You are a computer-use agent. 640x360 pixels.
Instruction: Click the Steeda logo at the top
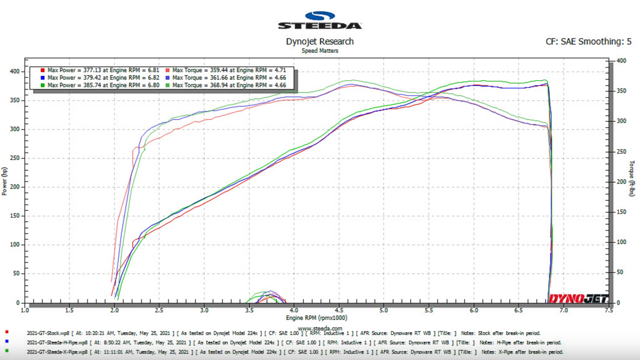(x=319, y=21)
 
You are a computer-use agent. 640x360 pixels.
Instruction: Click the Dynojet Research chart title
(x=319, y=41)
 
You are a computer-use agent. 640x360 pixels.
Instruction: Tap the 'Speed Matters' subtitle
(x=319, y=51)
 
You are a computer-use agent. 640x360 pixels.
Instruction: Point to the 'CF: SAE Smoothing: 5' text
(x=588, y=41)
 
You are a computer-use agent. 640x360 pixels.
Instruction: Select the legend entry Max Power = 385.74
(x=103, y=85)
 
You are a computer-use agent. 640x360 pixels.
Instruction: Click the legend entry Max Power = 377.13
(x=103, y=70)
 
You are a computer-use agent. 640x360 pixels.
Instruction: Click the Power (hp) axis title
(x=5, y=181)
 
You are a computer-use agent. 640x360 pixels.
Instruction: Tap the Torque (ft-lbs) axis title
(x=632, y=179)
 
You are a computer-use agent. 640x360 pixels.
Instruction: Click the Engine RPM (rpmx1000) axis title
(x=316, y=318)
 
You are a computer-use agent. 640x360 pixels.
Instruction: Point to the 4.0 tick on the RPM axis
(x=294, y=310)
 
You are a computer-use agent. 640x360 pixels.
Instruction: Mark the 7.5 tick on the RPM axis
(x=609, y=310)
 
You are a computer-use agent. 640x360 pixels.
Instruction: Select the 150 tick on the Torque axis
(x=622, y=212)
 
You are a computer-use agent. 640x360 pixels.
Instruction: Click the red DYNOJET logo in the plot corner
(x=578, y=299)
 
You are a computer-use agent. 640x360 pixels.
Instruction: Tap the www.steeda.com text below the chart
(x=320, y=328)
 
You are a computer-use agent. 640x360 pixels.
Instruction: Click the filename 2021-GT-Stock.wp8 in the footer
(x=47, y=333)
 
